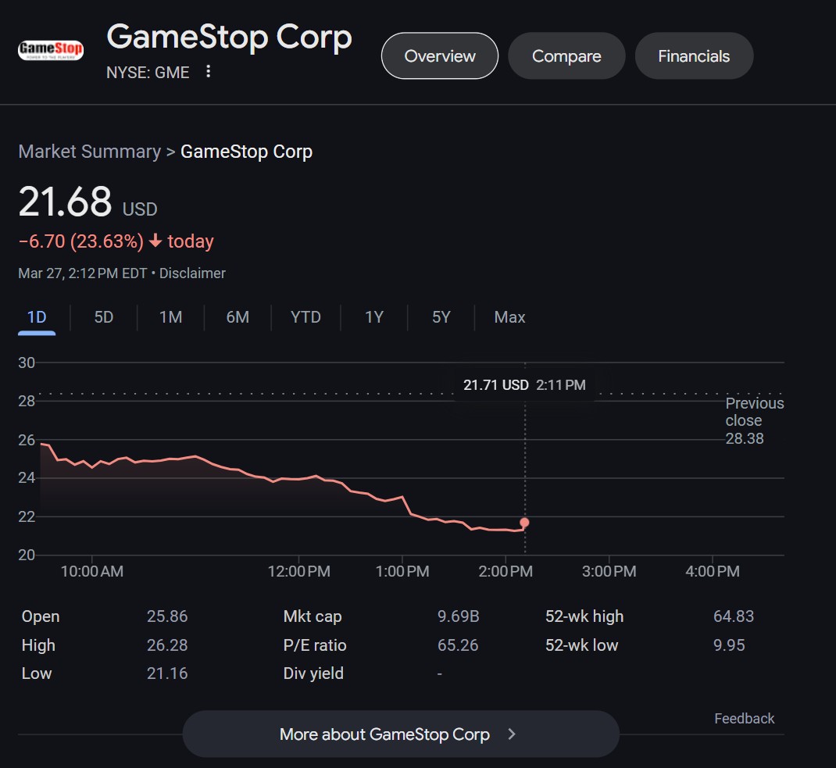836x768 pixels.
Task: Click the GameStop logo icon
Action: pyautogui.click(x=51, y=51)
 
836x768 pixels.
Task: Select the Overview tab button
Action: pyautogui.click(x=440, y=56)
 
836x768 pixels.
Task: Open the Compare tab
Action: pyautogui.click(x=566, y=56)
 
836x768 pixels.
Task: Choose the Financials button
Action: pyautogui.click(x=694, y=56)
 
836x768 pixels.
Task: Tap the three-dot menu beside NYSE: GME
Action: pyautogui.click(x=208, y=72)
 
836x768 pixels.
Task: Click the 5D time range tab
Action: pyautogui.click(x=104, y=317)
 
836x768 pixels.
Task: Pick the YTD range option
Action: pyautogui.click(x=305, y=317)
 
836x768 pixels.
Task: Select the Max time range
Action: pyautogui.click(x=509, y=317)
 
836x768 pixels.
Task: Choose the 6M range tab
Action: pyautogui.click(x=238, y=317)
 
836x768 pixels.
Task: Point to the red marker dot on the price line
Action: pyautogui.click(x=524, y=523)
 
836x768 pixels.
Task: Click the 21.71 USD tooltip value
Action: pyautogui.click(x=495, y=385)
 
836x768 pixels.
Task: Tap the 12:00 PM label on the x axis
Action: pyautogui.click(x=298, y=572)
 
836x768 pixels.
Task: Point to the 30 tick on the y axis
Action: pyautogui.click(x=27, y=363)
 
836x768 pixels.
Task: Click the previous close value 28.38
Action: pyautogui.click(x=745, y=438)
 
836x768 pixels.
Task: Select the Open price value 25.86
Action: pyautogui.click(x=167, y=616)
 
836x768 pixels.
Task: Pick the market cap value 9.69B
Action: pyautogui.click(x=458, y=616)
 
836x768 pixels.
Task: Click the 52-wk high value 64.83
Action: pyautogui.click(x=734, y=616)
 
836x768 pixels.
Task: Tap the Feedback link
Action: pyautogui.click(x=744, y=719)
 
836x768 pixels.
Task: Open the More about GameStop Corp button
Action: pyautogui.click(x=400, y=734)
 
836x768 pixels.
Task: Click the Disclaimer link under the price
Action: pyautogui.click(x=192, y=273)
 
